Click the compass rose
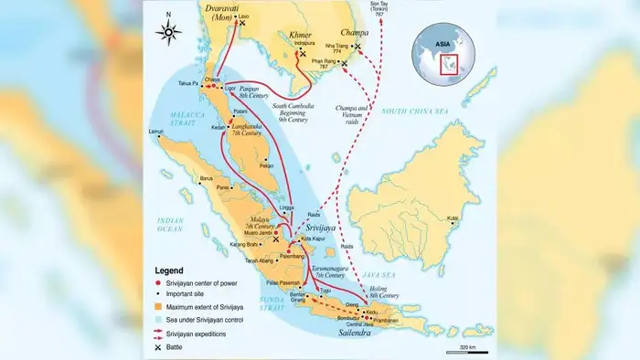[x=168, y=33]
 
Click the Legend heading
[x=168, y=270]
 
